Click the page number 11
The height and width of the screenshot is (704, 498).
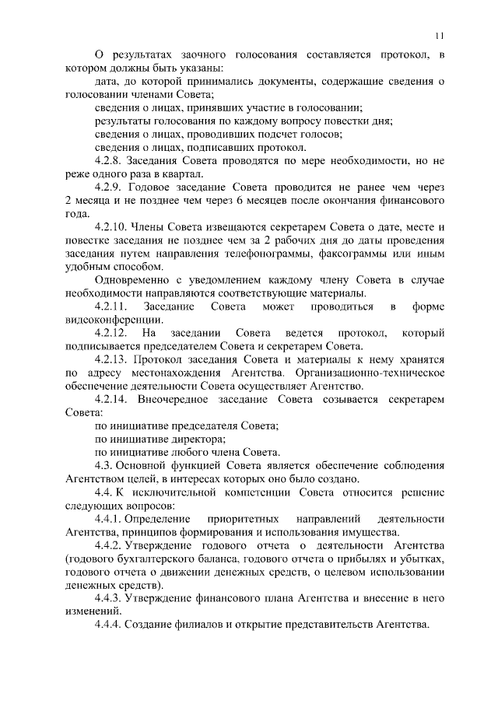point(440,34)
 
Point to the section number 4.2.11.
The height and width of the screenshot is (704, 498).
point(111,307)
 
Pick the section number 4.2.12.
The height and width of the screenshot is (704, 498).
point(111,333)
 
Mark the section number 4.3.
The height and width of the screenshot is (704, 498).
point(103,465)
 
